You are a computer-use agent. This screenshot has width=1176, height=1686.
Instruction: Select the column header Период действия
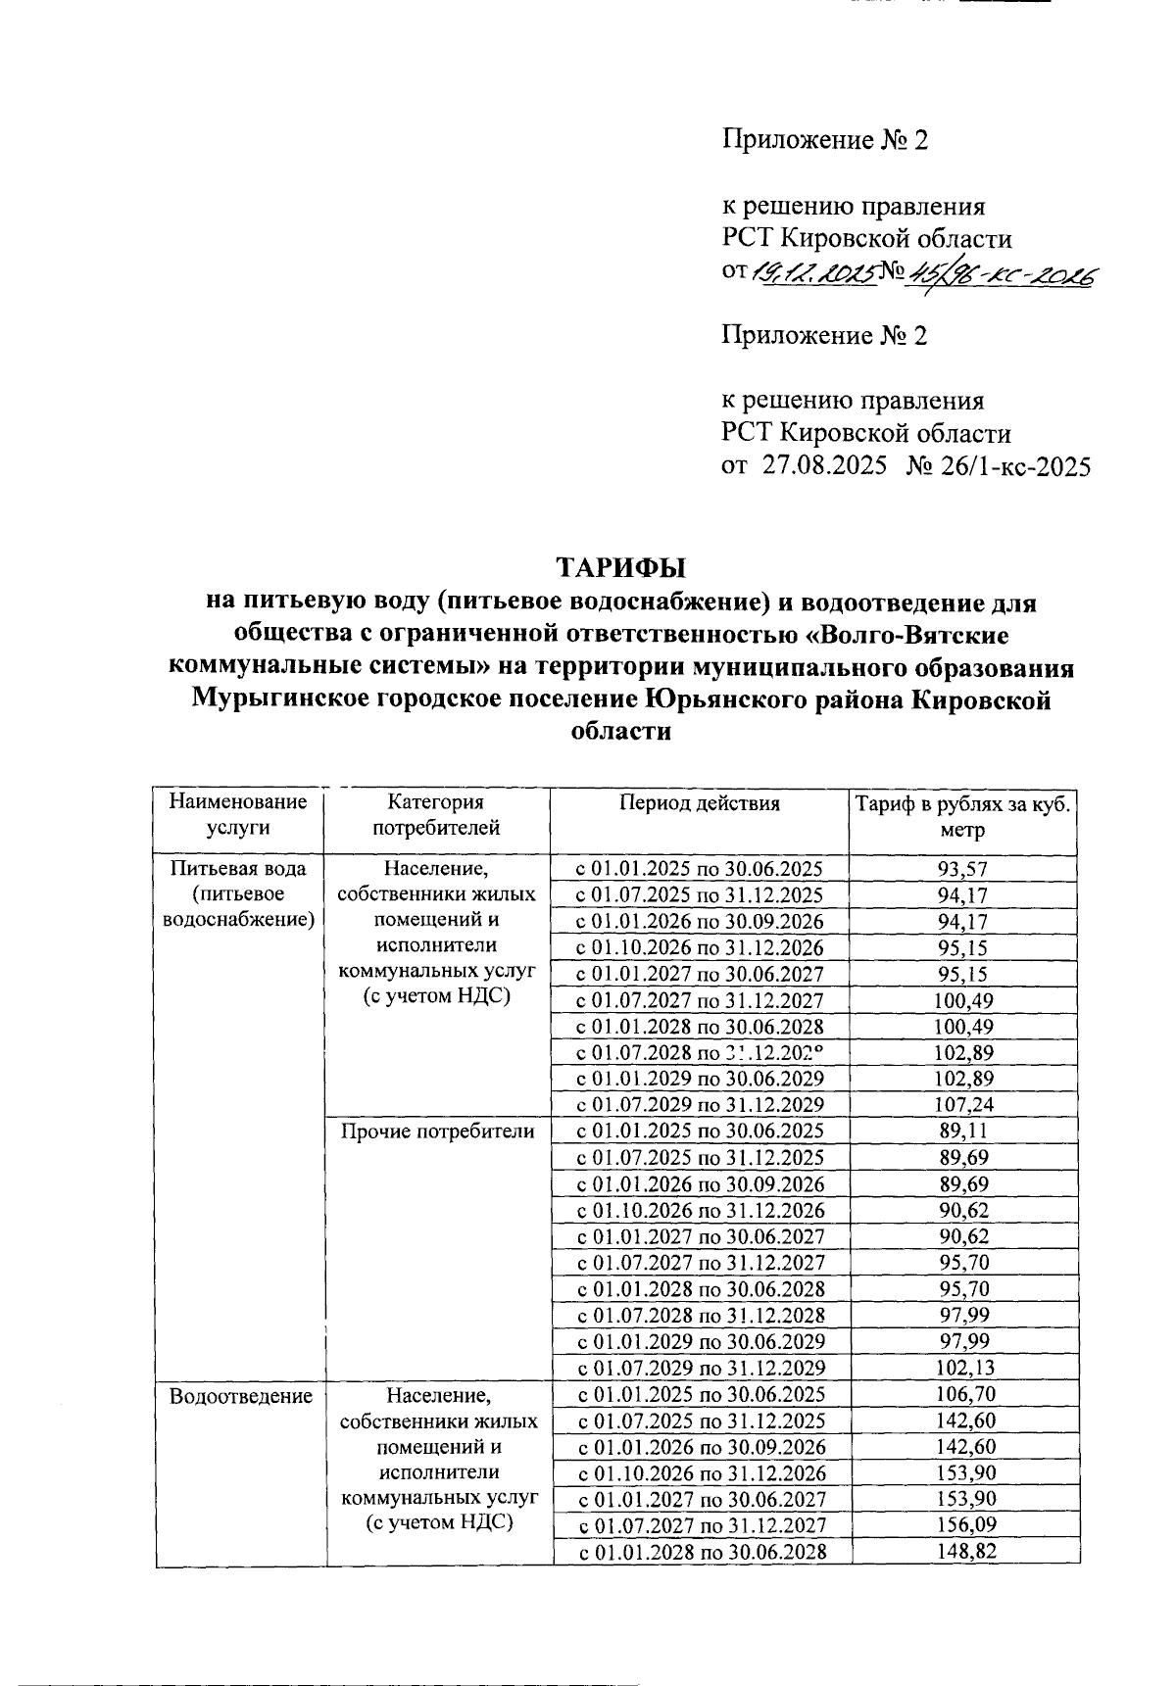[x=700, y=803]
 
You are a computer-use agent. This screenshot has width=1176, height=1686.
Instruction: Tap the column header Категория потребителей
[x=435, y=814]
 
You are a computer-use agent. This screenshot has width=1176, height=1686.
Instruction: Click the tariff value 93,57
[x=962, y=868]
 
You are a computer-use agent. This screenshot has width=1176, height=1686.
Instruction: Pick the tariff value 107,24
[x=963, y=1105]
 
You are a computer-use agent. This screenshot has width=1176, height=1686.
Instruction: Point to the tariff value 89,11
[x=963, y=1131]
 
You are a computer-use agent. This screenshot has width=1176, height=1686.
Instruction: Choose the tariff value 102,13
[x=963, y=1368]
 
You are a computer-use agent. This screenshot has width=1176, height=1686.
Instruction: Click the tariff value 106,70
[x=963, y=1394]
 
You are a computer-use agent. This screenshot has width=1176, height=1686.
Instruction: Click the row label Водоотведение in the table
[x=240, y=1396]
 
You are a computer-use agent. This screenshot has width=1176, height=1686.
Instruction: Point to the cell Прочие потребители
[x=437, y=1132]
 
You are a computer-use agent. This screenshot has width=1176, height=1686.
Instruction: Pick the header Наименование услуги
[x=238, y=814]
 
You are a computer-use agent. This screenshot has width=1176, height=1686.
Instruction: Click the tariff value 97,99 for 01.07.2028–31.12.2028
[x=963, y=1315]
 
